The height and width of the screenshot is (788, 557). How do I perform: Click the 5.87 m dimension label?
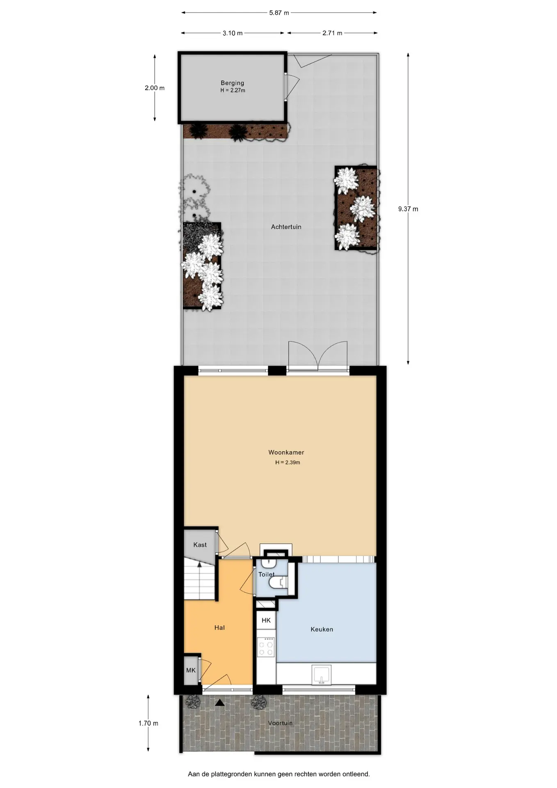click(279, 13)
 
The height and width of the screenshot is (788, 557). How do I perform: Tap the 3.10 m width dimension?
click(233, 33)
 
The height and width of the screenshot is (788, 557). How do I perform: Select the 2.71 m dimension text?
click(332, 33)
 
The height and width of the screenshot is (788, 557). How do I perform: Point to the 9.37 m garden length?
click(408, 209)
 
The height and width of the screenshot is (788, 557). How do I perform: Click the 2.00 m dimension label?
click(155, 88)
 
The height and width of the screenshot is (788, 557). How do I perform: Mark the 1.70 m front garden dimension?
click(148, 723)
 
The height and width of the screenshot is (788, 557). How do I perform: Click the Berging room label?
click(233, 83)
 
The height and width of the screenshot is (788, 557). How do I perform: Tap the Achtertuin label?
click(286, 227)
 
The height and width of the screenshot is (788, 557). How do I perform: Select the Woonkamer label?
click(286, 452)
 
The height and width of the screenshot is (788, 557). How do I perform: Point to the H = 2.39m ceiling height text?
click(288, 463)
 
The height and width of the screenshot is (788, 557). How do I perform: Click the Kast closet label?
click(200, 545)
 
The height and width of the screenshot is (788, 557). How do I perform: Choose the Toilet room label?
click(267, 574)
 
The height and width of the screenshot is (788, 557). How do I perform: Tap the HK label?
click(266, 620)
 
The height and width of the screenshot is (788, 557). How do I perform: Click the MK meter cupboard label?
click(191, 670)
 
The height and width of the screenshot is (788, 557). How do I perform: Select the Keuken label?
click(322, 629)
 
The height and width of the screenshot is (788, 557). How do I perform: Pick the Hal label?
click(219, 628)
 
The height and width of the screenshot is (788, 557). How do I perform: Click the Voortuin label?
click(281, 723)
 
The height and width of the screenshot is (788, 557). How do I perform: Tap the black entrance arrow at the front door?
click(220, 703)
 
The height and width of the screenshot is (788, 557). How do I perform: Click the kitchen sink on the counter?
click(322, 674)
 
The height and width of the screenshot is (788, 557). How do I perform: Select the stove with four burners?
click(266, 647)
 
